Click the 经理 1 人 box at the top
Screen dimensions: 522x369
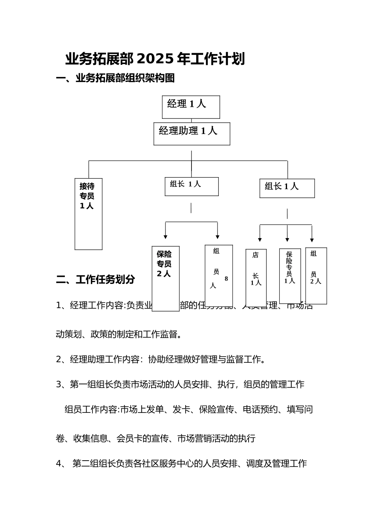191,107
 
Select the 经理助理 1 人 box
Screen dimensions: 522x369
191,134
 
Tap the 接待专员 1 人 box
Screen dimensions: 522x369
88,214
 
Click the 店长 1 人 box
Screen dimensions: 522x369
256,277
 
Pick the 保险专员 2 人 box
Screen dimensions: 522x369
165,278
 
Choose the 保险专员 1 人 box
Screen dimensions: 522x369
290,276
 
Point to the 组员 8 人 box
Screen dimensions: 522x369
219,275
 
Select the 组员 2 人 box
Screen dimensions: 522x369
316,275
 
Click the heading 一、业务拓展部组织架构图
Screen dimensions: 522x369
115,78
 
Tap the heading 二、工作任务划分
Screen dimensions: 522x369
96,279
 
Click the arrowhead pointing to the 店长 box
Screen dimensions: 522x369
260,240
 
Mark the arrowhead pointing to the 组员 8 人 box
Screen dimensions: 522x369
218,237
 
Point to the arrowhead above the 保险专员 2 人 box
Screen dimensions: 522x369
165,237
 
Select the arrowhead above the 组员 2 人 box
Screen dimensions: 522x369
312,240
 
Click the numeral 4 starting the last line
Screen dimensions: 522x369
59,463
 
